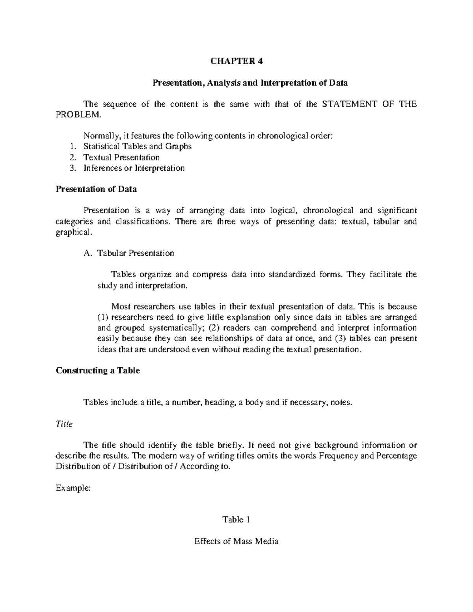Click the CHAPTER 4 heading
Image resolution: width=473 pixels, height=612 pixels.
pos(236,61)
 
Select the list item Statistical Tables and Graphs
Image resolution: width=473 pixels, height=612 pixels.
pos(137,147)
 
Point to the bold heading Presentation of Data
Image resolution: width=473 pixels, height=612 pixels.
pos(96,189)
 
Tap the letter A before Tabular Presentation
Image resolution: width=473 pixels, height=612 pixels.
pos(87,253)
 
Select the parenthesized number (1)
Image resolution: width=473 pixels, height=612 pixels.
pos(103,317)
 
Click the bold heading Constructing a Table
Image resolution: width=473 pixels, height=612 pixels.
pos(98,371)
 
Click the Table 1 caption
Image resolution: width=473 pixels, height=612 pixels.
pos(236,520)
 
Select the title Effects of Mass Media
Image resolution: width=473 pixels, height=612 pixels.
pos(236,541)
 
